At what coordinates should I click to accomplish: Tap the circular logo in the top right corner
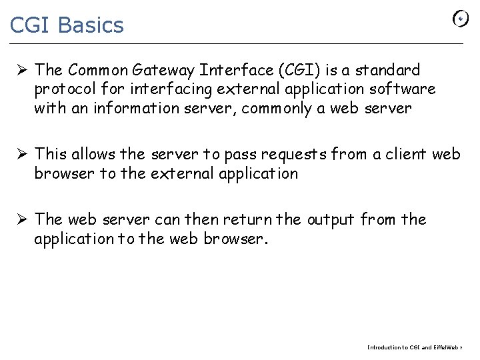(x=461, y=19)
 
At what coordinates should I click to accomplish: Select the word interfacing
(x=169, y=89)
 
